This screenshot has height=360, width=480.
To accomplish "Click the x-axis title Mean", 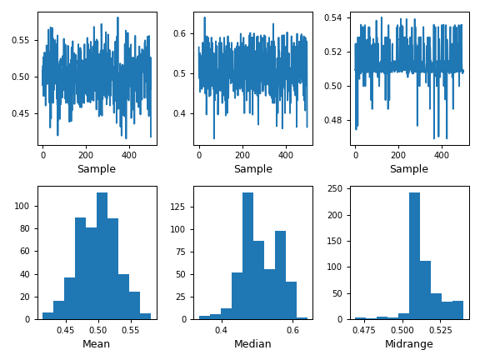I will [x=97, y=343].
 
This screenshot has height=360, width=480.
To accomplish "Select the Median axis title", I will [x=252, y=343].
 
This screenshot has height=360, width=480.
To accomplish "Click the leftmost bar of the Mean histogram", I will [x=47, y=316].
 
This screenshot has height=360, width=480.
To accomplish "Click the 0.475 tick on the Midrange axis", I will [x=363, y=330].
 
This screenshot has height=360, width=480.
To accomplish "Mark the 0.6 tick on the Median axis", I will [x=292, y=330].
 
